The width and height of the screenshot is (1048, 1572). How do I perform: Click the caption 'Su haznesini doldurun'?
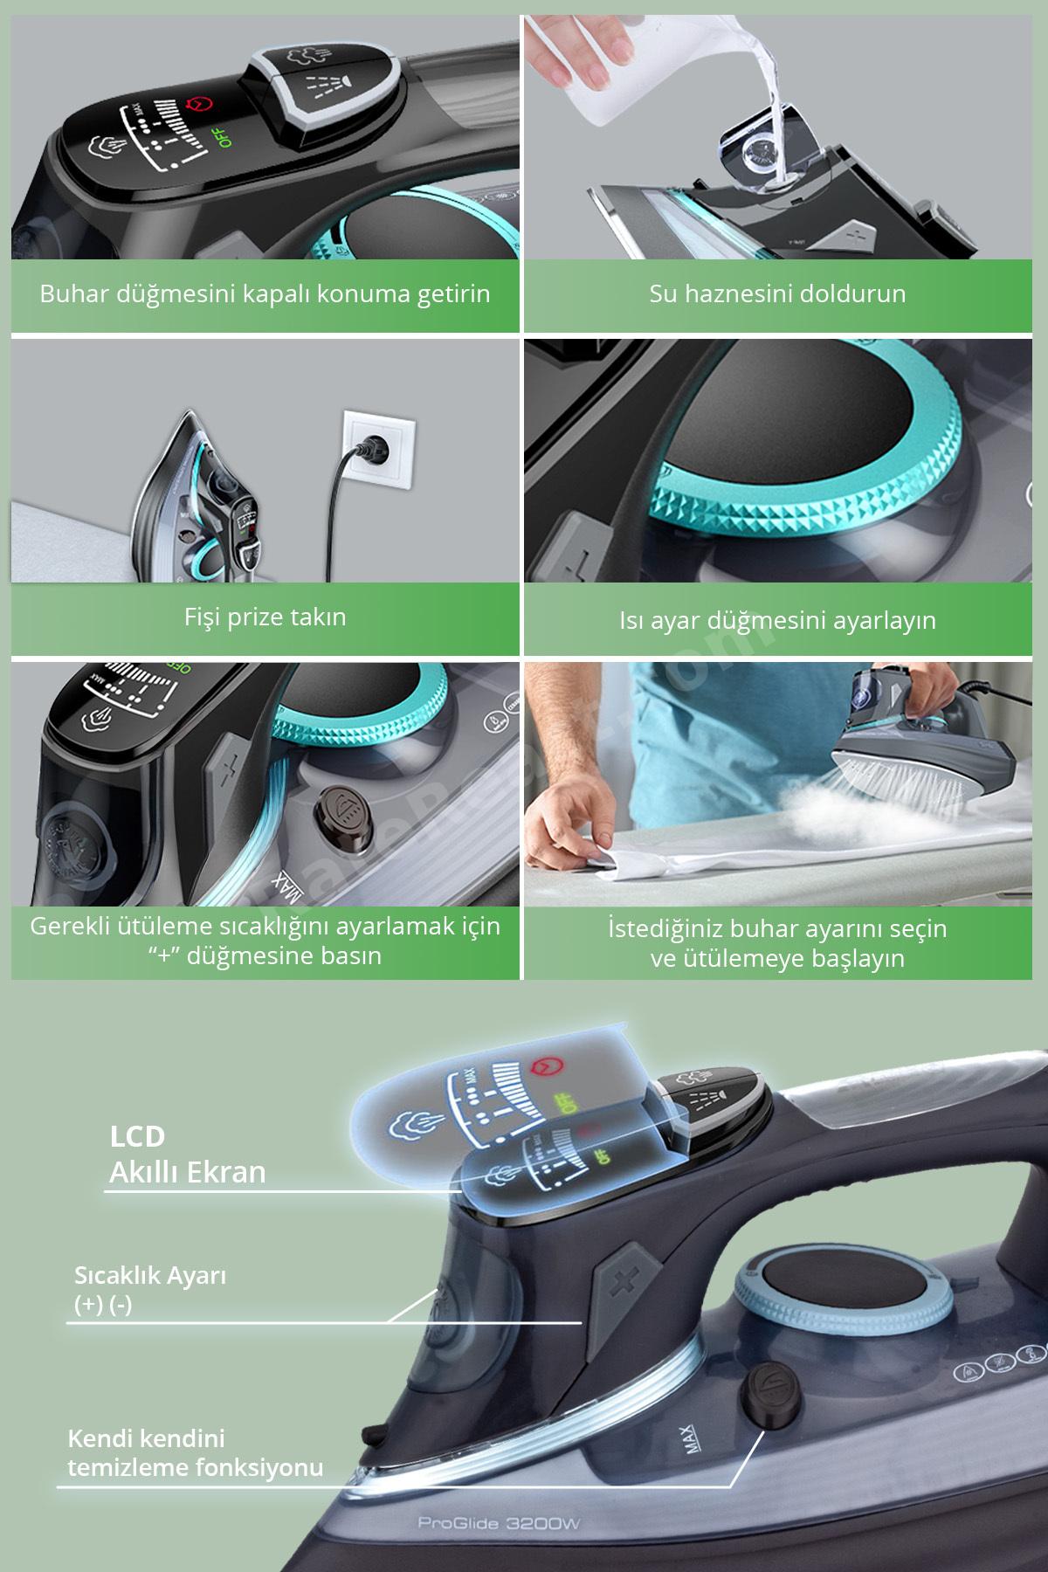[777, 293]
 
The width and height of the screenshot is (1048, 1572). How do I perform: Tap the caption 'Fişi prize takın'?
[265, 617]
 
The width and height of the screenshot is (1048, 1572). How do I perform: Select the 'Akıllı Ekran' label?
[187, 1171]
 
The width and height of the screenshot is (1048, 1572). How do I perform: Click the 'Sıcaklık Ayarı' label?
[150, 1276]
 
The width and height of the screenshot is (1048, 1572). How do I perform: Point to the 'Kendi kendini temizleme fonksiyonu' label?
[195, 1453]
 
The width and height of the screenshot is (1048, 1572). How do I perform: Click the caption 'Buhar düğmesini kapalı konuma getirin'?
[265, 293]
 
